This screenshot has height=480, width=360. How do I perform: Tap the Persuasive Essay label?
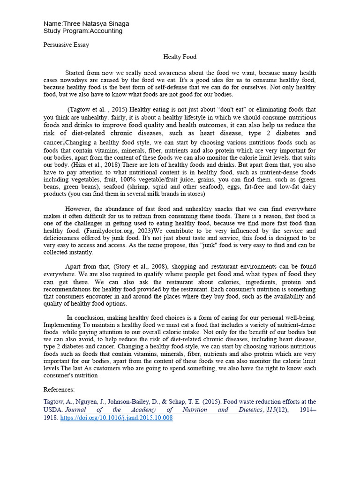tap(66, 45)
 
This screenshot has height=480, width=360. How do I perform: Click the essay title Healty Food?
tap(180, 57)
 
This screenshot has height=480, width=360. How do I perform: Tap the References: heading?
tap(59, 390)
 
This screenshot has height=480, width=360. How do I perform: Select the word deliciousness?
tap(64, 238)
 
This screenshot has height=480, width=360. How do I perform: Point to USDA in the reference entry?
tap(52, 410)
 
